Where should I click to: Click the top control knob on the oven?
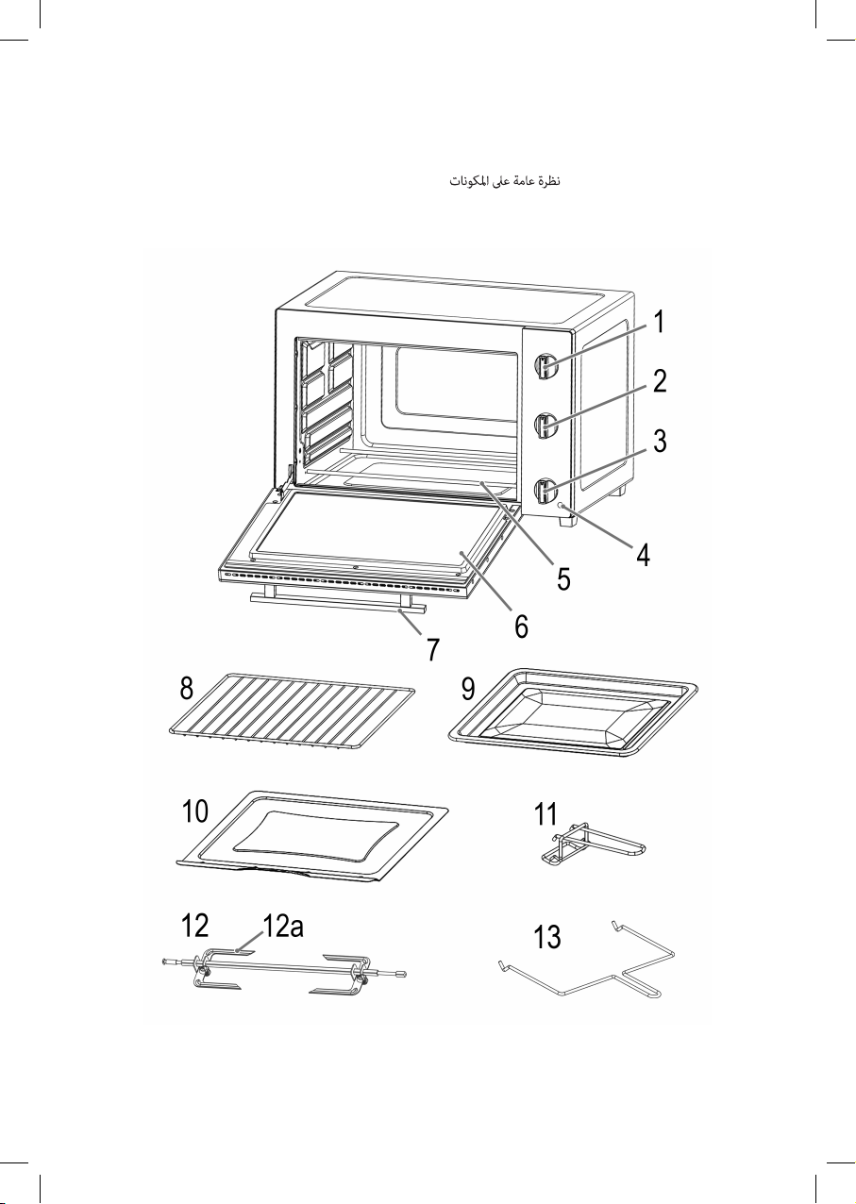click(545, 368)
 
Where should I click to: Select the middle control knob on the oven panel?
click(545, 426)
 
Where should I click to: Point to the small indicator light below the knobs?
click(562, 505)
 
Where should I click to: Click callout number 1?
click(658, 322)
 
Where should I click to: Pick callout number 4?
click(643, 554)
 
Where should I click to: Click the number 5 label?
click(563, 579)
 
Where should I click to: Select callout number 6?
click(521, 627)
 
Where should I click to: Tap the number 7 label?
click(433, 649)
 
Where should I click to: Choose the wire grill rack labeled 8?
click(292, 711)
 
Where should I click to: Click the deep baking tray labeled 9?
click(573, 712)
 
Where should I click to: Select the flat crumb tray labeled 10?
click(311, 836)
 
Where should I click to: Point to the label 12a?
click(283, 926)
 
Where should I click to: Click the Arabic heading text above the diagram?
click(505, 181)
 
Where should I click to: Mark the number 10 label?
click(195, 811)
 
